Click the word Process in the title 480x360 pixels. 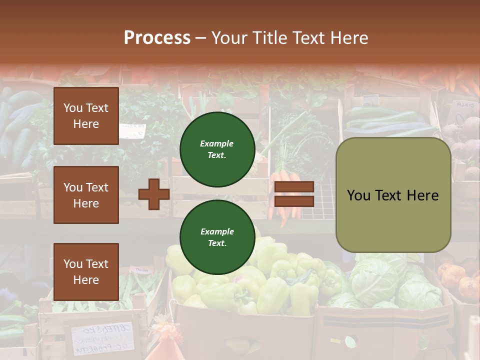click(x=157, y=38)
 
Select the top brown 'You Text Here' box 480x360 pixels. click(x=86, y=116)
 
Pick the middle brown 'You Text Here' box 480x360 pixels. click(x=86, y=195)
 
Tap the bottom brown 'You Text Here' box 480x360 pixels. click(x=86, y=271)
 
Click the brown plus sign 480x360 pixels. click(x=153, y=194)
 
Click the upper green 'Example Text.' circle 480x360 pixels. click(x=217, y=149)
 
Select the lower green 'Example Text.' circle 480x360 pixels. click(x=217, y=237)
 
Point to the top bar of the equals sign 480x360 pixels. click(x=294, y=187)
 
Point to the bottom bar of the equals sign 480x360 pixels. click(x=294, y=201)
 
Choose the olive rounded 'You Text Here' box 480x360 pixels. click(x=393, y=195)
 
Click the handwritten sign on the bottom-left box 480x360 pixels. click(x=102, y=337)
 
